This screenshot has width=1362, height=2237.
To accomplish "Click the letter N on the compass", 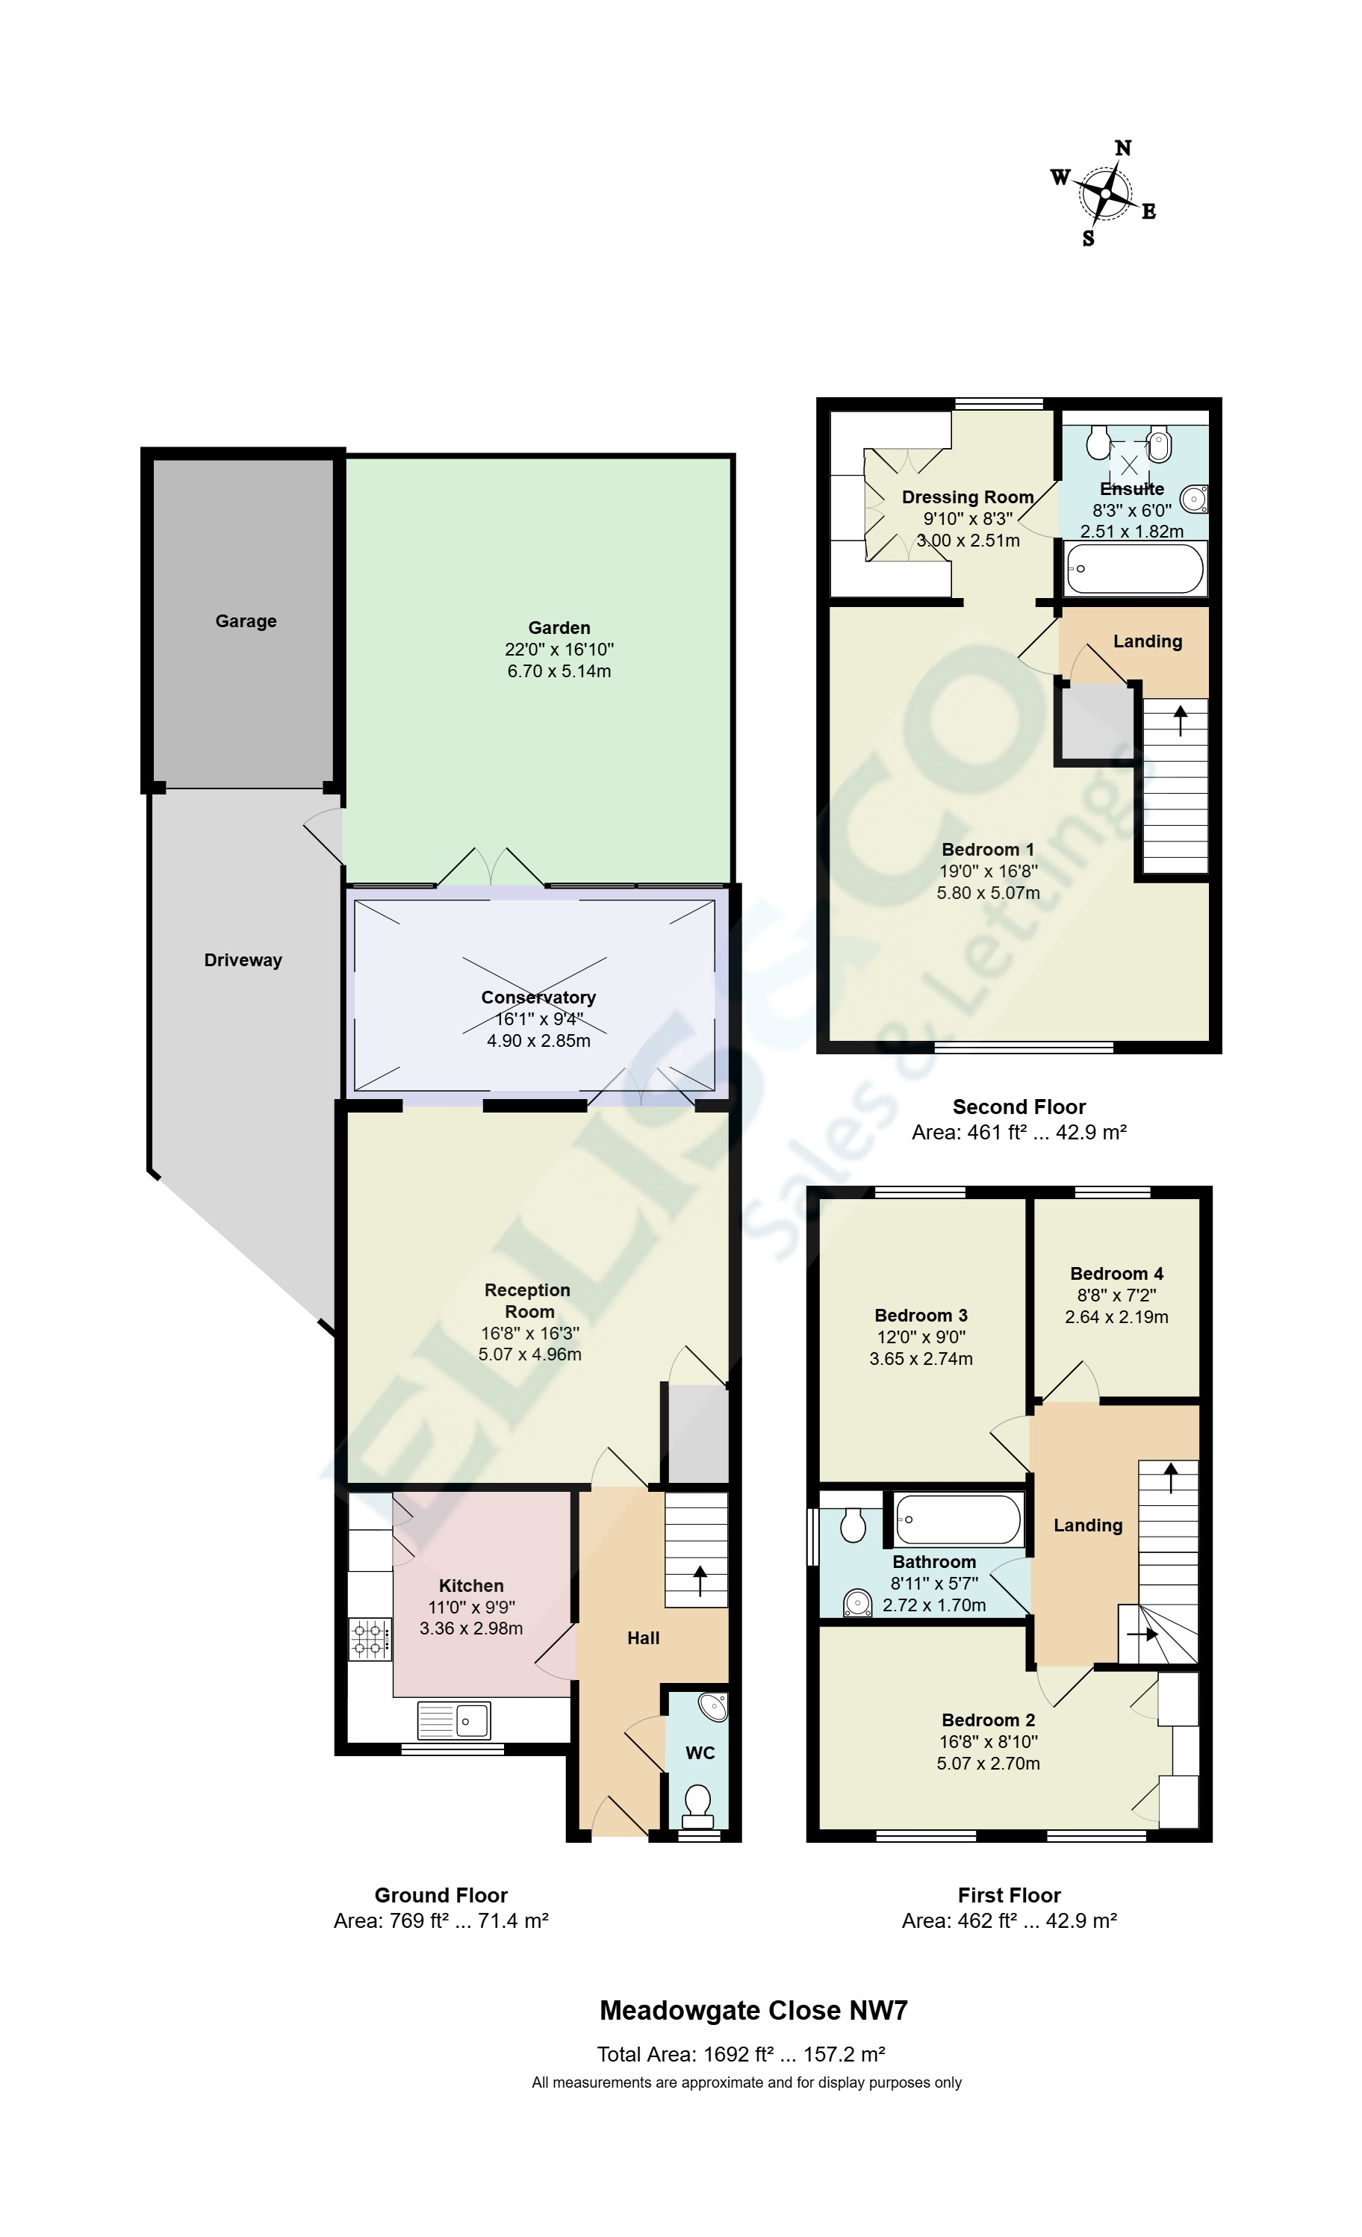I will point(1123,148).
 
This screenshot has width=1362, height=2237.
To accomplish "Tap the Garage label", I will point(245,621).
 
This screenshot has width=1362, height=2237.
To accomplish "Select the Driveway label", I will point(243,959).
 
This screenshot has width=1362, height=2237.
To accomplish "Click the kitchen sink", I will point(454,1720).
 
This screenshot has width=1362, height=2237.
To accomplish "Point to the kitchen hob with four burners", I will point(370,1640).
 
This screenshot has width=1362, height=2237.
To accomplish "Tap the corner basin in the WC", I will point(715,1708).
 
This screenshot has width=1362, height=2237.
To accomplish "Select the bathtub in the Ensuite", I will point(1135,569).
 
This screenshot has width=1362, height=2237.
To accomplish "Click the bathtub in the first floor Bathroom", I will point(958,1519).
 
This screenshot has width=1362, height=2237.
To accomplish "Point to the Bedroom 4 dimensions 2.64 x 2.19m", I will point(1116,1316).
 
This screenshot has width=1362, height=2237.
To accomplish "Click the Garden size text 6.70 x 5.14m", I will point(559,671).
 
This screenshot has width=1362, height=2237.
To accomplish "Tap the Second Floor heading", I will point(1019,1107).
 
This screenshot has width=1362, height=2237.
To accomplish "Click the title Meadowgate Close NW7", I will point(753,2010).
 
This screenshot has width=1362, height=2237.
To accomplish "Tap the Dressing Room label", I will point(967,497).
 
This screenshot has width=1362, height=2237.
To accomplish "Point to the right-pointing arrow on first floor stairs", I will point(1142,1634).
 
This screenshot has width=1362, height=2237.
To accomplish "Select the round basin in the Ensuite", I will point(1193,497).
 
